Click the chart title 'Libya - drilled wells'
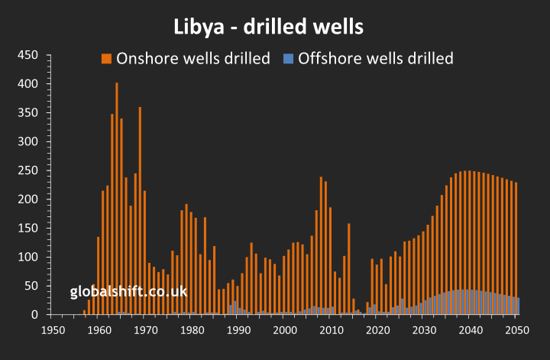click(267, 27)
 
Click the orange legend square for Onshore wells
click(107, 58)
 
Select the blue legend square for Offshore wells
click(288, 58)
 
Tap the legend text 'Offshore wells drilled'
click(376, 58)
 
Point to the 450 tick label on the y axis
click(28, 56)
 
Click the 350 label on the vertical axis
click(28, 113)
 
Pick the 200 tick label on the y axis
click(28, 199)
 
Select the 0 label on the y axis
click(34, 315)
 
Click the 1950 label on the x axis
click(52, 330)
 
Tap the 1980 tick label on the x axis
click(192, 330)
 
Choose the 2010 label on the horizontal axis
click(332, 330)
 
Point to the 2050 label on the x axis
click(518, 330)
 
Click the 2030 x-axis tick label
click(425, 330)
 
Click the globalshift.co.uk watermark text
click(128, 292)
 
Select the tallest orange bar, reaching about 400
click(117, 199)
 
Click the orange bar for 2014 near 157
click(349, 268)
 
